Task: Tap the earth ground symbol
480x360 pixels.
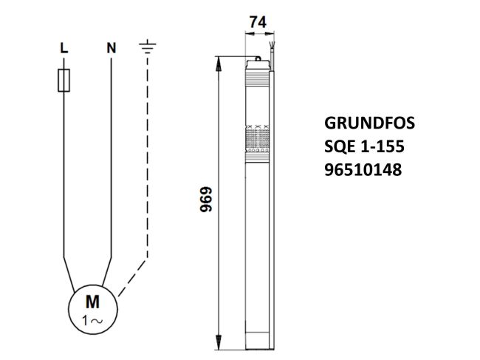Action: [148, 48]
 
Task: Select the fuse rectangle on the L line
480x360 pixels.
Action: [64, 81]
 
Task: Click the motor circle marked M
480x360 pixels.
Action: [93, 309]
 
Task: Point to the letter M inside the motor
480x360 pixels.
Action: [93, 301]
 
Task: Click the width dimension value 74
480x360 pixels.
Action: [258, 22]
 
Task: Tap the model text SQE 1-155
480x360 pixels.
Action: [364, 146]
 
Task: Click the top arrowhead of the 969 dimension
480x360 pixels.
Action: [219, 62]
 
